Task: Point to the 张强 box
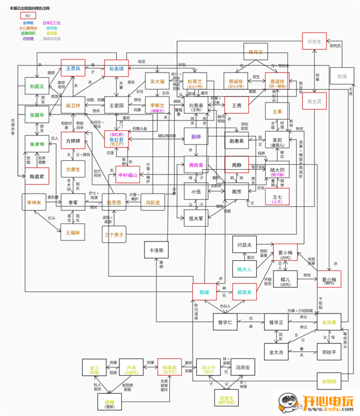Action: tap(341, 77)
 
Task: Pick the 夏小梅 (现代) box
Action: tap(332, 280)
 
